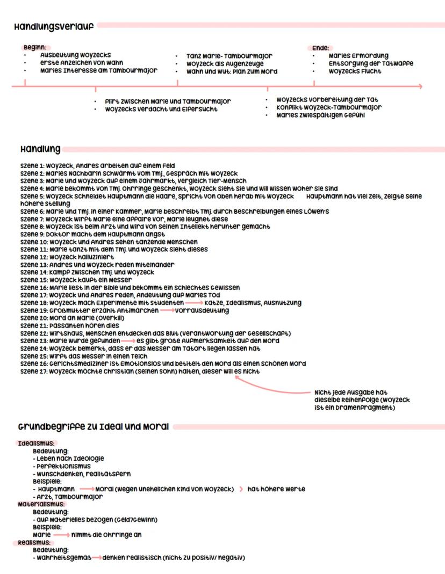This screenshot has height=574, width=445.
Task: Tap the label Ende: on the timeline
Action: coord(321,48)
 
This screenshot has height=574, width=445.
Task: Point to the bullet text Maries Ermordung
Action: coord(358,56)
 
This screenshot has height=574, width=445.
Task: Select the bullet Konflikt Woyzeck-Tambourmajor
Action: coord(329,107)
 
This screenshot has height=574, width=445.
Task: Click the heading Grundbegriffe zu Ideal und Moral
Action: coord(94,427)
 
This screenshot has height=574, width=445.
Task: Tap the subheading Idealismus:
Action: coord(36,444)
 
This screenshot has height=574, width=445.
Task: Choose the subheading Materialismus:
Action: coord(42,505)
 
